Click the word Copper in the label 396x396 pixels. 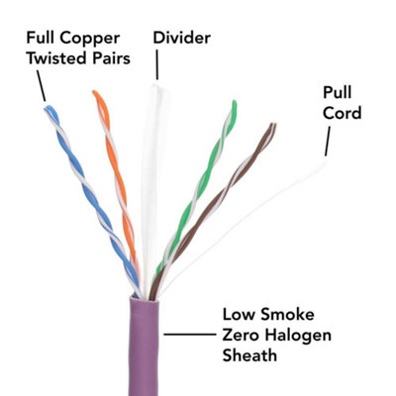[90, 40]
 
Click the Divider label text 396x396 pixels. [182, 38]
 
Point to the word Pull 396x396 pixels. [338, 92]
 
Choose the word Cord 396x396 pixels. [343, 113]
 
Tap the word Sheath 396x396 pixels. [249, 355]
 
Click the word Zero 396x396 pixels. [242, 335]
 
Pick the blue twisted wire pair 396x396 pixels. [92, 201]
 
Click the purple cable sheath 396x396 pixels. [144, 346]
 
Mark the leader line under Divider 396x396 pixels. [157, 64]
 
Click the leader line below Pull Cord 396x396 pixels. [328, 142]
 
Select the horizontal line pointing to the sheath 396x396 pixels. [190, 335]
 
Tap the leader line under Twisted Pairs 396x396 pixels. [41, 86]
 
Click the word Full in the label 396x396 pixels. [42, 38]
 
